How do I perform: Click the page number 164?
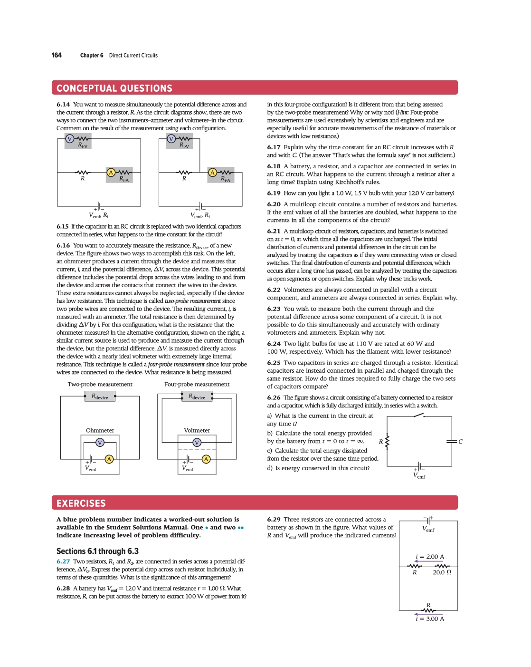(x=57, y=55)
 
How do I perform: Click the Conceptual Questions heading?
(x=114, y=88)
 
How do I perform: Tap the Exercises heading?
(x=81, y=503)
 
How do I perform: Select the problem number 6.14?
(x=63, y=105)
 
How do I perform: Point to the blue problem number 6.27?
(x=63, y=561)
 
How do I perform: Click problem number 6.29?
(x=274, y=520)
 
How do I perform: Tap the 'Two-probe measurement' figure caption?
(x=100, y=384)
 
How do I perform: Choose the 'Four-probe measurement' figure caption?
(x=197, y=384)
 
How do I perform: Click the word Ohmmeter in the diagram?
(x=100, y=430)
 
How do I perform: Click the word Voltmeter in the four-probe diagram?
(x=197, y=430)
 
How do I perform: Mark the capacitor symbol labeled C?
(x=452, y=442)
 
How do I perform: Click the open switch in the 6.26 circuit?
(x=418, y=416)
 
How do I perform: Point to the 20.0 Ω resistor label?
(x=442, y=572)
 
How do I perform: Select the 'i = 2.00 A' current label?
(x=430, y=557)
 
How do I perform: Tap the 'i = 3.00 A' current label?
(x=430, y=619)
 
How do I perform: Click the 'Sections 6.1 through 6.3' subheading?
(x=97, y=551)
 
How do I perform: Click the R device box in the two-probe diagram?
(x=100, y=396)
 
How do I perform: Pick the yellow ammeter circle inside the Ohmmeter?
(x=109, y=459)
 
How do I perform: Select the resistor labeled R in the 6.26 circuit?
(x=387, y=442)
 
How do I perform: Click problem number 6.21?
(x=274, y=232)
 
